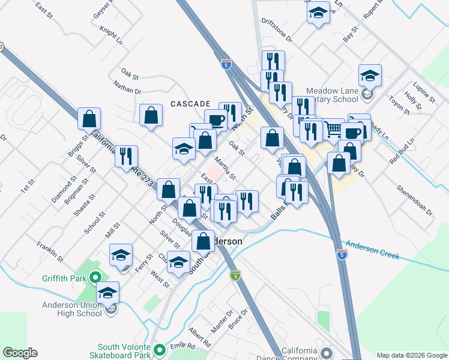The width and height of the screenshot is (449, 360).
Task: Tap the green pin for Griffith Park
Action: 94,278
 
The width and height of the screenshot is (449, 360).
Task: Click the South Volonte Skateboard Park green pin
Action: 159,350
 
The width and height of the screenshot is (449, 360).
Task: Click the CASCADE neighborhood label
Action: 190,104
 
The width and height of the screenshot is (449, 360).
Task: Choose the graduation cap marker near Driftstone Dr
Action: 318,13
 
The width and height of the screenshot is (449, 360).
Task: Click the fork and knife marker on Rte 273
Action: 126,157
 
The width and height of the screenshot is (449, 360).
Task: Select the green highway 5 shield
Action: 235,275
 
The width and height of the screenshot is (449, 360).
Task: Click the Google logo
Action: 20,353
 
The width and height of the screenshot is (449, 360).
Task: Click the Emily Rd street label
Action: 182,346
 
